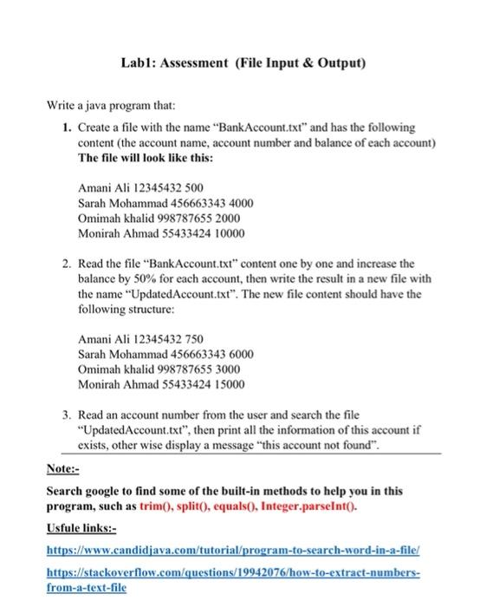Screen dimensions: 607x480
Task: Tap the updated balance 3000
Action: pos(222,369)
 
